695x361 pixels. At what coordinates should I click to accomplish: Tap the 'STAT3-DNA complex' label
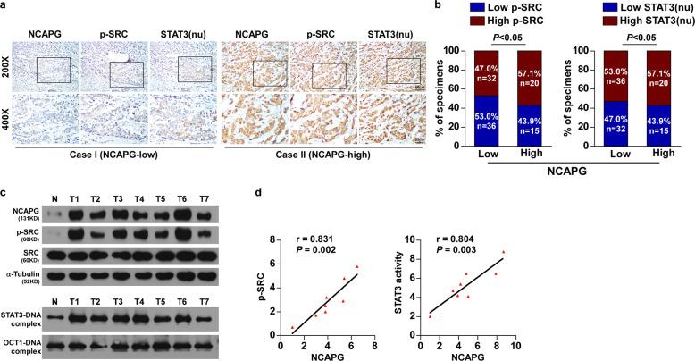coord(21,317)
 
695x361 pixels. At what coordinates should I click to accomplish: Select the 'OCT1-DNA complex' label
coord(21,347)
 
